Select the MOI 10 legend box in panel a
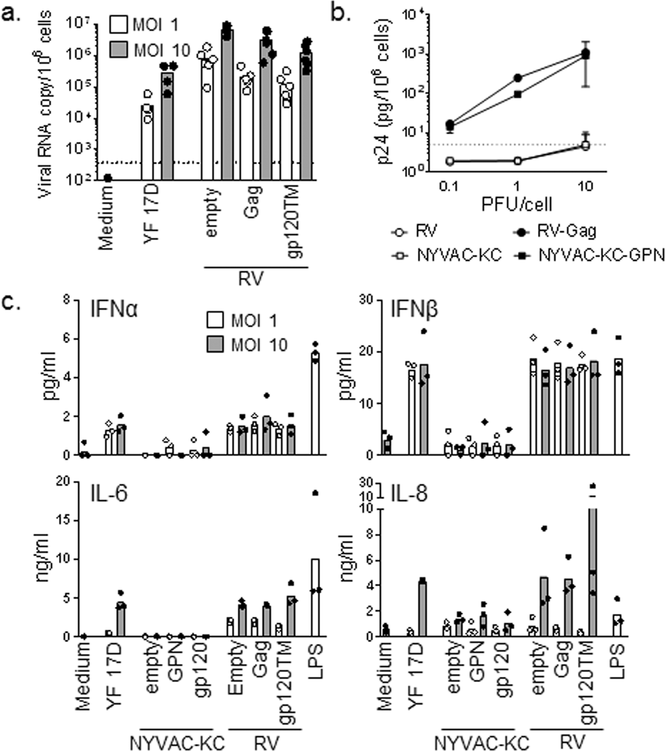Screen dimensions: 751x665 (x=118, y=50)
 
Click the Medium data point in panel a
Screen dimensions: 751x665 (x=107, y=178)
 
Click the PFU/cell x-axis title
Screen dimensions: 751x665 (x=516, y=204)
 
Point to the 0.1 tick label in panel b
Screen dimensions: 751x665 (x=449, y=186)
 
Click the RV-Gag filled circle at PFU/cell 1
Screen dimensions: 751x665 (x=517, y=78)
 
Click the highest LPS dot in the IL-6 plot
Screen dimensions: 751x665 (x=315, y=493)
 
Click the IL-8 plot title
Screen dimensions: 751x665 (x=409, y=493)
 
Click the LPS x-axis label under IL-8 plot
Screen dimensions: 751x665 (x=616, y=662)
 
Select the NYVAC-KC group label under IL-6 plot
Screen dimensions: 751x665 (x=177, y=742)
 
